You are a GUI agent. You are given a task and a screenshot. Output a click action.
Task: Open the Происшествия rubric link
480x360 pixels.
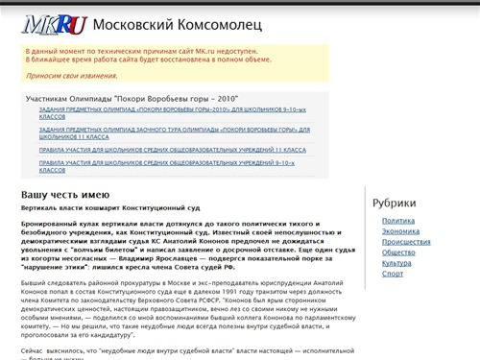point(405,242)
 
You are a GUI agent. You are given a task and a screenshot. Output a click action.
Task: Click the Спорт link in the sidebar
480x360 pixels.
point(392,274)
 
